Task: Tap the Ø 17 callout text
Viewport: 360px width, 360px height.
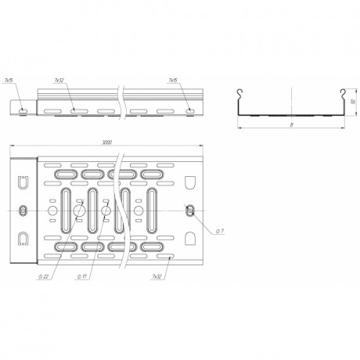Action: (81, 276)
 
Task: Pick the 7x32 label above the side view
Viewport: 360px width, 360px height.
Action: (59, 81)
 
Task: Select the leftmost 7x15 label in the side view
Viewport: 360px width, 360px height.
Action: (9, 81)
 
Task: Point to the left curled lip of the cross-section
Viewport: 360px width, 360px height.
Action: (240, 94)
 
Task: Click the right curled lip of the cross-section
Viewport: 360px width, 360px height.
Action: (342, 94)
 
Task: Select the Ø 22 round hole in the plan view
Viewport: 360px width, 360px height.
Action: (77, 211)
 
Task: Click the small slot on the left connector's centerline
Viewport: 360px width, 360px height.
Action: (23, 210)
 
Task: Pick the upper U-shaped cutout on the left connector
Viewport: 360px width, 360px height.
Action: (23, 184)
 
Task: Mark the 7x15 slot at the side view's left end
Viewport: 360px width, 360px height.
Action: (23, 110)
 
